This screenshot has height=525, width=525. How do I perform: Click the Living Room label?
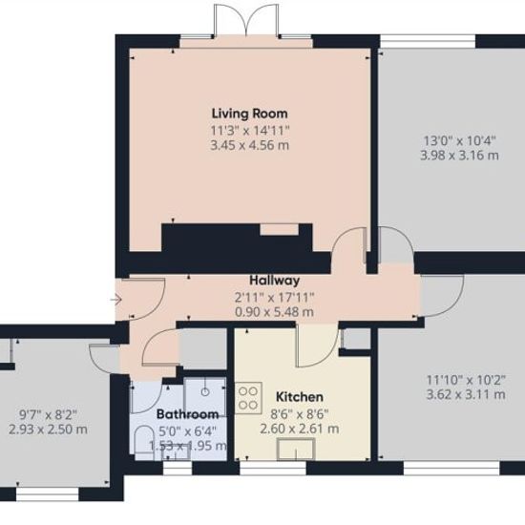point(250,114)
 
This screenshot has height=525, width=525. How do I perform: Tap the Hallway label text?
point(275,281)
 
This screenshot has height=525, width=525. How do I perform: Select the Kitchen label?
point(300,397)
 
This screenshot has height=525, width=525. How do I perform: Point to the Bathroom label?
point(187,414)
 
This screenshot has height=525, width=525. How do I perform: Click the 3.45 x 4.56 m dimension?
point(250,146)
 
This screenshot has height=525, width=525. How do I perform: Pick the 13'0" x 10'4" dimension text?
point(460,140)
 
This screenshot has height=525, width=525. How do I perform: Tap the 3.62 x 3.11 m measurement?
point(466,395)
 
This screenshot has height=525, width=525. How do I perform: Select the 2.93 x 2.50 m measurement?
point(49,430)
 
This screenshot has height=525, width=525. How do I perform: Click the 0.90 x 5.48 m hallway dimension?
point(275,312)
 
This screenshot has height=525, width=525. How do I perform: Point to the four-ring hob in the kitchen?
point(248,398)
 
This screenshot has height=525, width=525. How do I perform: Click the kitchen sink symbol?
point(296,449)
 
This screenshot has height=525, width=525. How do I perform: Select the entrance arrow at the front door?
point(115,300)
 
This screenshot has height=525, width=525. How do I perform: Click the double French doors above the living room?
point(246,19)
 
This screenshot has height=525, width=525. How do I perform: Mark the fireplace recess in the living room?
point(280,229)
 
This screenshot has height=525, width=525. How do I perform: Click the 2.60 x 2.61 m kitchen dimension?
point(300,429)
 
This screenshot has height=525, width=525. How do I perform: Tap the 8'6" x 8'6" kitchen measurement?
point(300,414)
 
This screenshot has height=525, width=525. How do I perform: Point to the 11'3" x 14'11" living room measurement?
point(250,131)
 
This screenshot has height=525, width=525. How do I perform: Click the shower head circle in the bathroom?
point(205,391)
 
